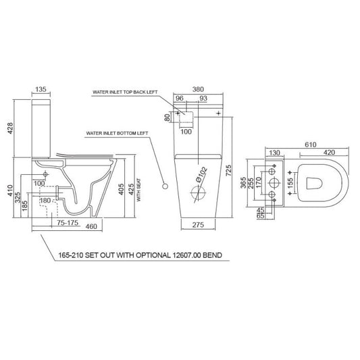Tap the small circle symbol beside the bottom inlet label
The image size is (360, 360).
(x=163, y=184)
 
